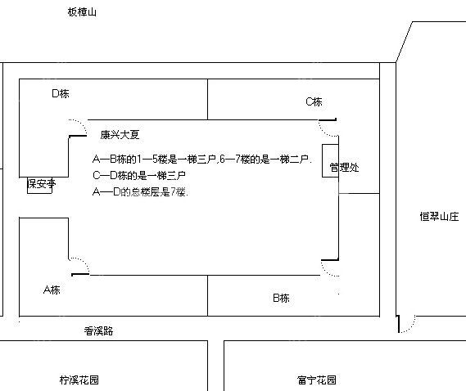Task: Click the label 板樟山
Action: coord(82,12)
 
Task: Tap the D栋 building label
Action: coord(61,93)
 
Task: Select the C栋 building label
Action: coord(314,101)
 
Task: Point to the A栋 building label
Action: coord(52,290)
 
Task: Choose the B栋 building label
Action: coord(281,298)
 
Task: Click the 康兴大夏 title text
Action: coord(120,135)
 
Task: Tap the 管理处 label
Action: coord(344,168)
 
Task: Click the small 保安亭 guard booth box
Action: coord(39,186)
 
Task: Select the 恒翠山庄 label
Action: coord(439,217)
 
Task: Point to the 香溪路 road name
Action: coord(98,330)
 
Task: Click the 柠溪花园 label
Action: coord(79,380)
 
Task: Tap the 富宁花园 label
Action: coord(317,380)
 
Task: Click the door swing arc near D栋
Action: coord(82,124)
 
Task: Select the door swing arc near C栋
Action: coord(323,132)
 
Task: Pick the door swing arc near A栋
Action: coord(84,262)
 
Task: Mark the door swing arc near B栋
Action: coord(326,272)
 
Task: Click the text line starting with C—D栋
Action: coord(139,175)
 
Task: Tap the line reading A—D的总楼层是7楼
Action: coord(140,191)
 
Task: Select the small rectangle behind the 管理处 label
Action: coord(331,161)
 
